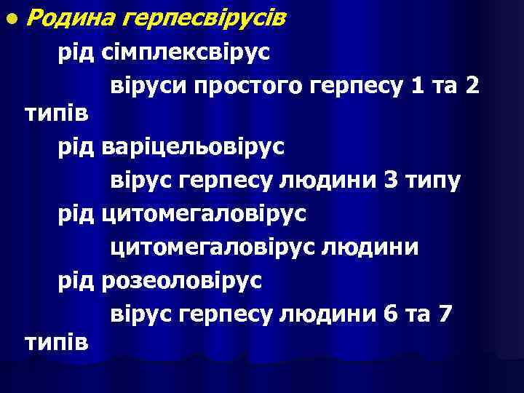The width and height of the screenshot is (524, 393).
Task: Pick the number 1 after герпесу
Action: tap(417, 87)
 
